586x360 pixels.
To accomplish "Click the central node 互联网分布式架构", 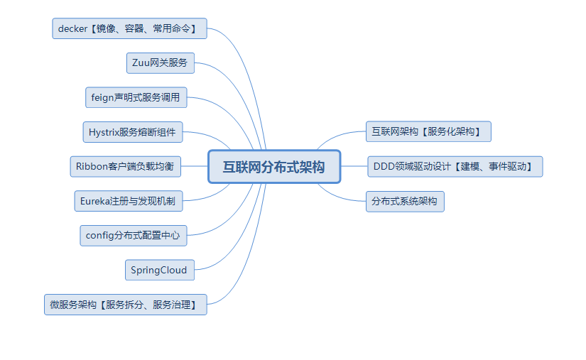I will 274,167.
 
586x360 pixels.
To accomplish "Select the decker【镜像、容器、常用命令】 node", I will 130,28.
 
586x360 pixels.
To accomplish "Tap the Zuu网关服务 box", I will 160,62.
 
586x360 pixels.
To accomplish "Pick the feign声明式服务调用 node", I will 136,97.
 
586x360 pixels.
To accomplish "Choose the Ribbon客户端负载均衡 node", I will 125,167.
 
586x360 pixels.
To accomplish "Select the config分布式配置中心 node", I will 133,236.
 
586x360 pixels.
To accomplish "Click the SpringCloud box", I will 159,270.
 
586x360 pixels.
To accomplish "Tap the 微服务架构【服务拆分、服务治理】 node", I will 126,305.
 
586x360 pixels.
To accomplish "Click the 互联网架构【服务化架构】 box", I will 428,131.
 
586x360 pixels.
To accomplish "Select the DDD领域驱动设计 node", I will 455,167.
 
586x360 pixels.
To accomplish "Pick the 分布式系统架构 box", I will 405,201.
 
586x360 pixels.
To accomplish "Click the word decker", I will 72,29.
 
